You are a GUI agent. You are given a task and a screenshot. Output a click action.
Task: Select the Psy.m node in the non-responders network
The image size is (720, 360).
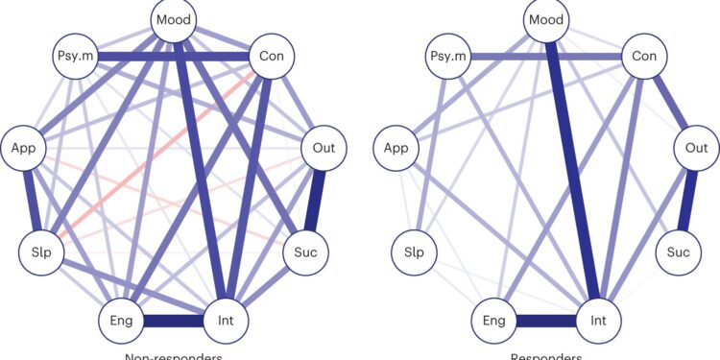pos(75,58)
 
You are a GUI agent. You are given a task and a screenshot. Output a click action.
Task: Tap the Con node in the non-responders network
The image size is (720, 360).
pos(271,58)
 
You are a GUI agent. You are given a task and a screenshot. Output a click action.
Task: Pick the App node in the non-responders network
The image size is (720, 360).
pos(23,148)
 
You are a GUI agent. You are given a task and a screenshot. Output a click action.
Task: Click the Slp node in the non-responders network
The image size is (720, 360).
pos(40,252)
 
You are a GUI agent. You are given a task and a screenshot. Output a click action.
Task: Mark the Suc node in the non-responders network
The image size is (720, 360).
pos(306,252)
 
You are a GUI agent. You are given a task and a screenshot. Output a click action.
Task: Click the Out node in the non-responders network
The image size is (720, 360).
pos(324,148)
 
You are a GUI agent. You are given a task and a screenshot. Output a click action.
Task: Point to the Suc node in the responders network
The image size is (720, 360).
pos(680,252)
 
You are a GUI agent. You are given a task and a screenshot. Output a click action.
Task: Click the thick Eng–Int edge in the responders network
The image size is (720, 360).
pos(547,318)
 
